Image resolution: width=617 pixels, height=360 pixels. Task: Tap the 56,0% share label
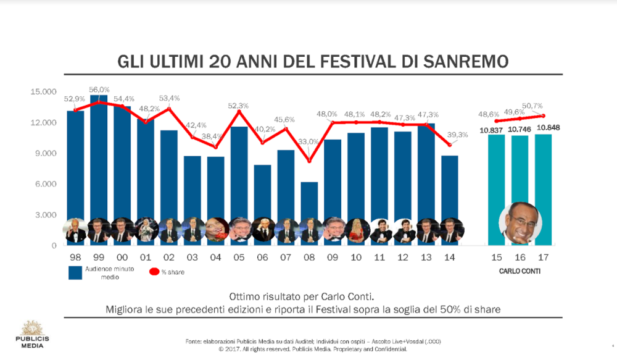[x=99, y=90]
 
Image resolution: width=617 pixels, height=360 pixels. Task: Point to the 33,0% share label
[x=308, y=142]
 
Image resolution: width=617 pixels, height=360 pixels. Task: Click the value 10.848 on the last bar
[x=544, y=128]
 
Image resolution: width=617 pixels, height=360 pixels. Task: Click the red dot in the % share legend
[x=154, y=272]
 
